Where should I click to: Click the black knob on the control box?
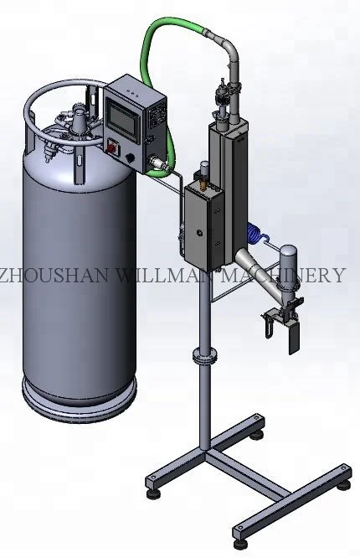coord(130,157)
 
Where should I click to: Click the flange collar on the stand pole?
coord(203,356)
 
